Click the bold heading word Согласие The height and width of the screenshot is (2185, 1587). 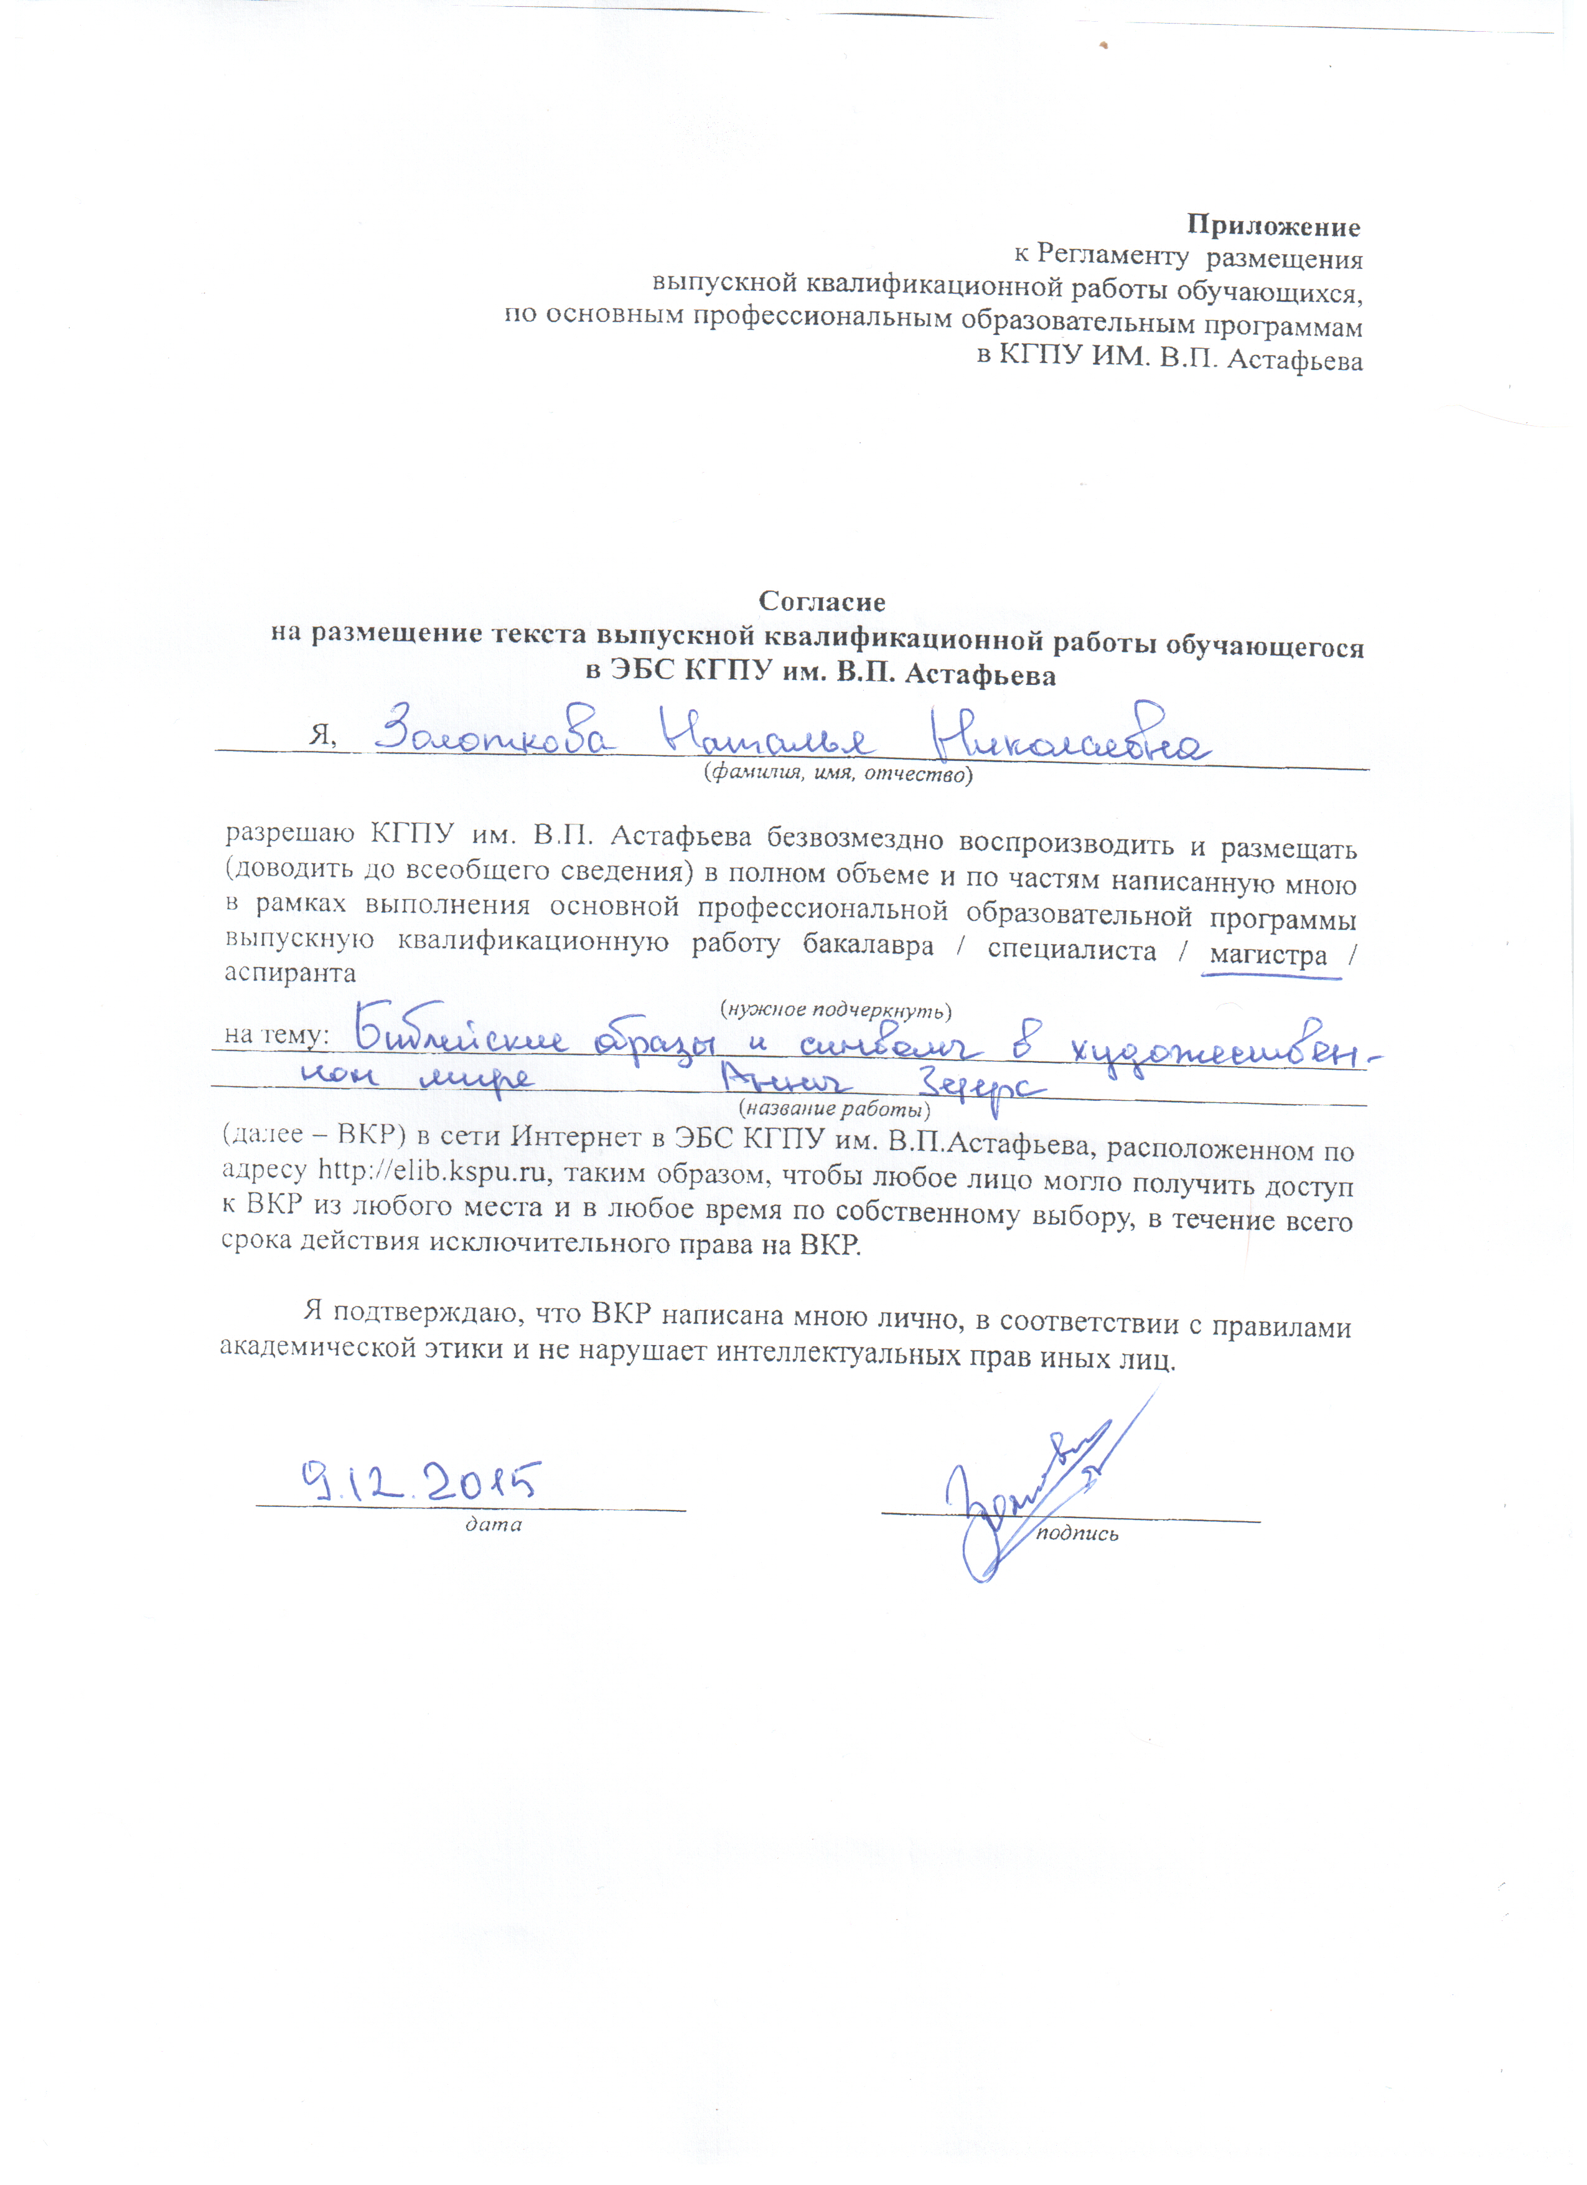[x=822, y=601]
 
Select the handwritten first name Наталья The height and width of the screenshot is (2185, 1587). [x=767, y=740]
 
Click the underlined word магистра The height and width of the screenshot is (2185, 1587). [x=1268, y=956]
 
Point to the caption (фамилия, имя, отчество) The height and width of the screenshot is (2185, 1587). [x=837, y=773]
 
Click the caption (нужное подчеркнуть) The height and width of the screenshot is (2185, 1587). [x=835, y=1009]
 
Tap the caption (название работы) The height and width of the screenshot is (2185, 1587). [x=834, y=1109]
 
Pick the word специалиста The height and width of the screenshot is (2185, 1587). [x=1071, y=951]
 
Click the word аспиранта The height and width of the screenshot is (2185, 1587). [x=290, y=973]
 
